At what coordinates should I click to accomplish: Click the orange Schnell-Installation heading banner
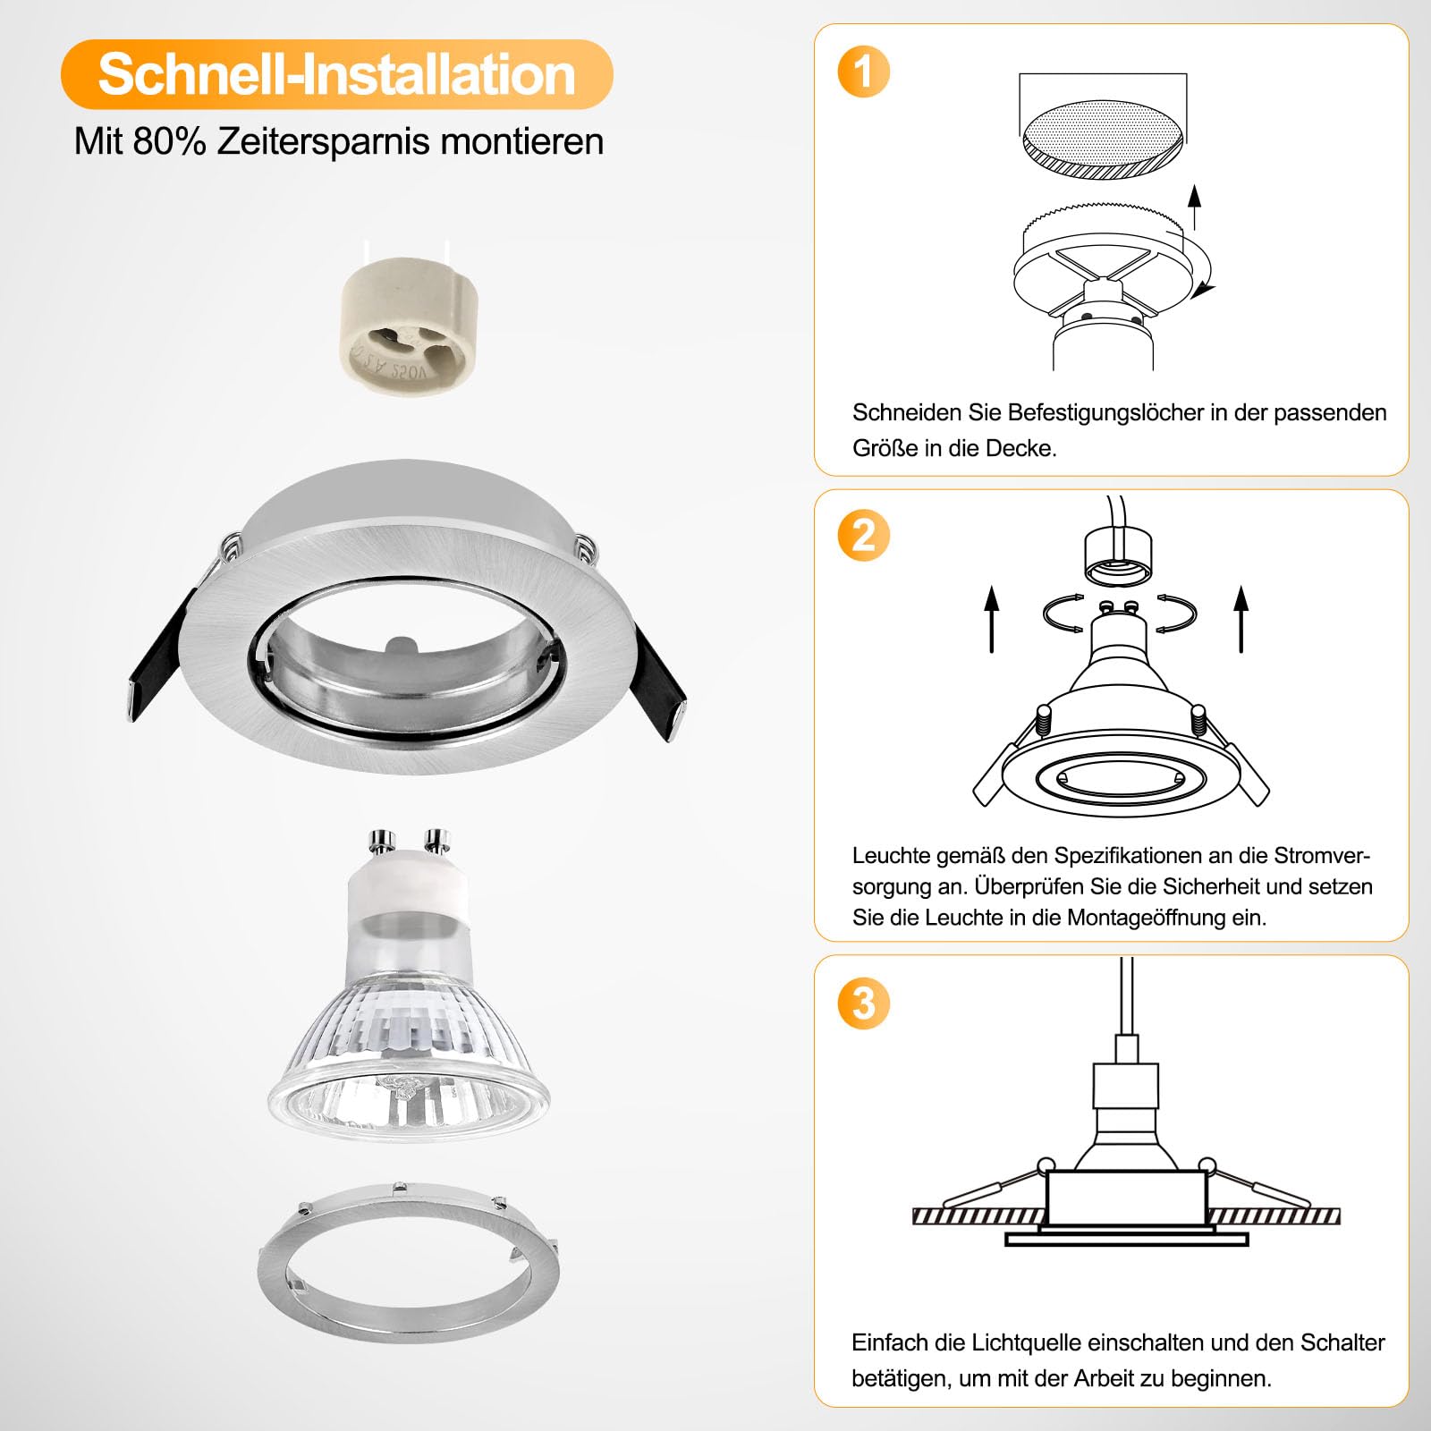click(x=336, y=74)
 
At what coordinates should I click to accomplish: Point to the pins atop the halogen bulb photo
click(x=409, y=841)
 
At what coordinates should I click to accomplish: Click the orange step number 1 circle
click(x=864, y=72)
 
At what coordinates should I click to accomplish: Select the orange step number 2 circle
click(x=864, y=535)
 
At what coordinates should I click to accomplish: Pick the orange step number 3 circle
click(x=864, y=1003)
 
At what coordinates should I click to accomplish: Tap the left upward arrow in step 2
click(x=992, y=619)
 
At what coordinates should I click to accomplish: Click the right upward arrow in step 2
click(x=1240, y=619)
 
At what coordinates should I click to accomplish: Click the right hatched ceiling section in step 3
click(x=1274, y=1215)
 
